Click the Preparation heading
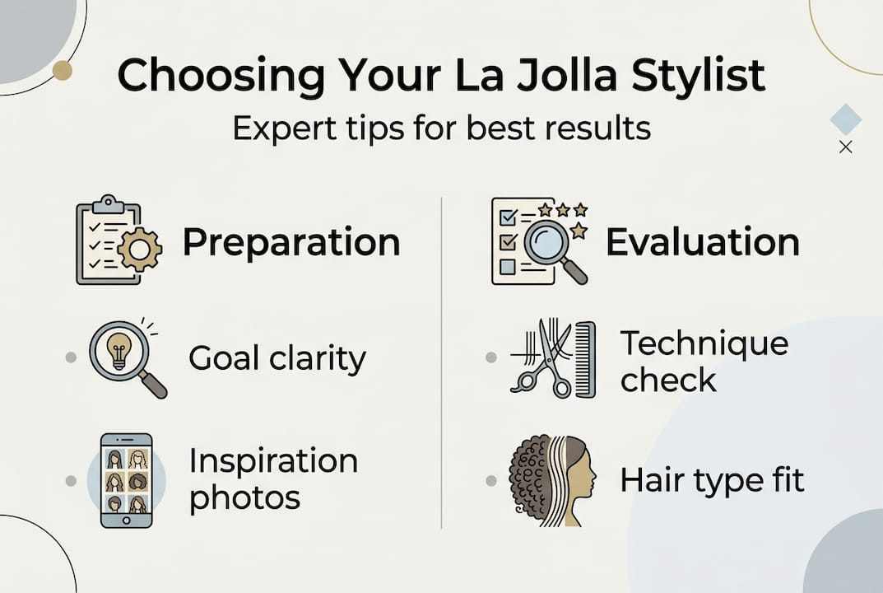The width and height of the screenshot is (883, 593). click(x=291, y=242)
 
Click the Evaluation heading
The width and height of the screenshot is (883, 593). click(x=703, y=242)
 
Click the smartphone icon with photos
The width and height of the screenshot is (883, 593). click(x=126, y=480)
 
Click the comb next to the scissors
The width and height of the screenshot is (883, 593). click(x=585, y=359)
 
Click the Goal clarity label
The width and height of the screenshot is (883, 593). click(x=277, y=358)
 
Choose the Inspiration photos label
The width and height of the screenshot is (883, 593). click(x=273, y=479)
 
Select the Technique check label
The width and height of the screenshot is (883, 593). click(x=704, y=361)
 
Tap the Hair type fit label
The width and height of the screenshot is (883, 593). click(x=712, y=479)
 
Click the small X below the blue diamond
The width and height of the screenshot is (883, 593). click(x=845, y=147)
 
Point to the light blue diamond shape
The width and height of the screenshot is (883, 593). click(x=845, y=119)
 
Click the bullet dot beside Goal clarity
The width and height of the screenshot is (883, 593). click(x=72, y=357)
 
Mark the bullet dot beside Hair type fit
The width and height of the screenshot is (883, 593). click(x=491, y=479)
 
